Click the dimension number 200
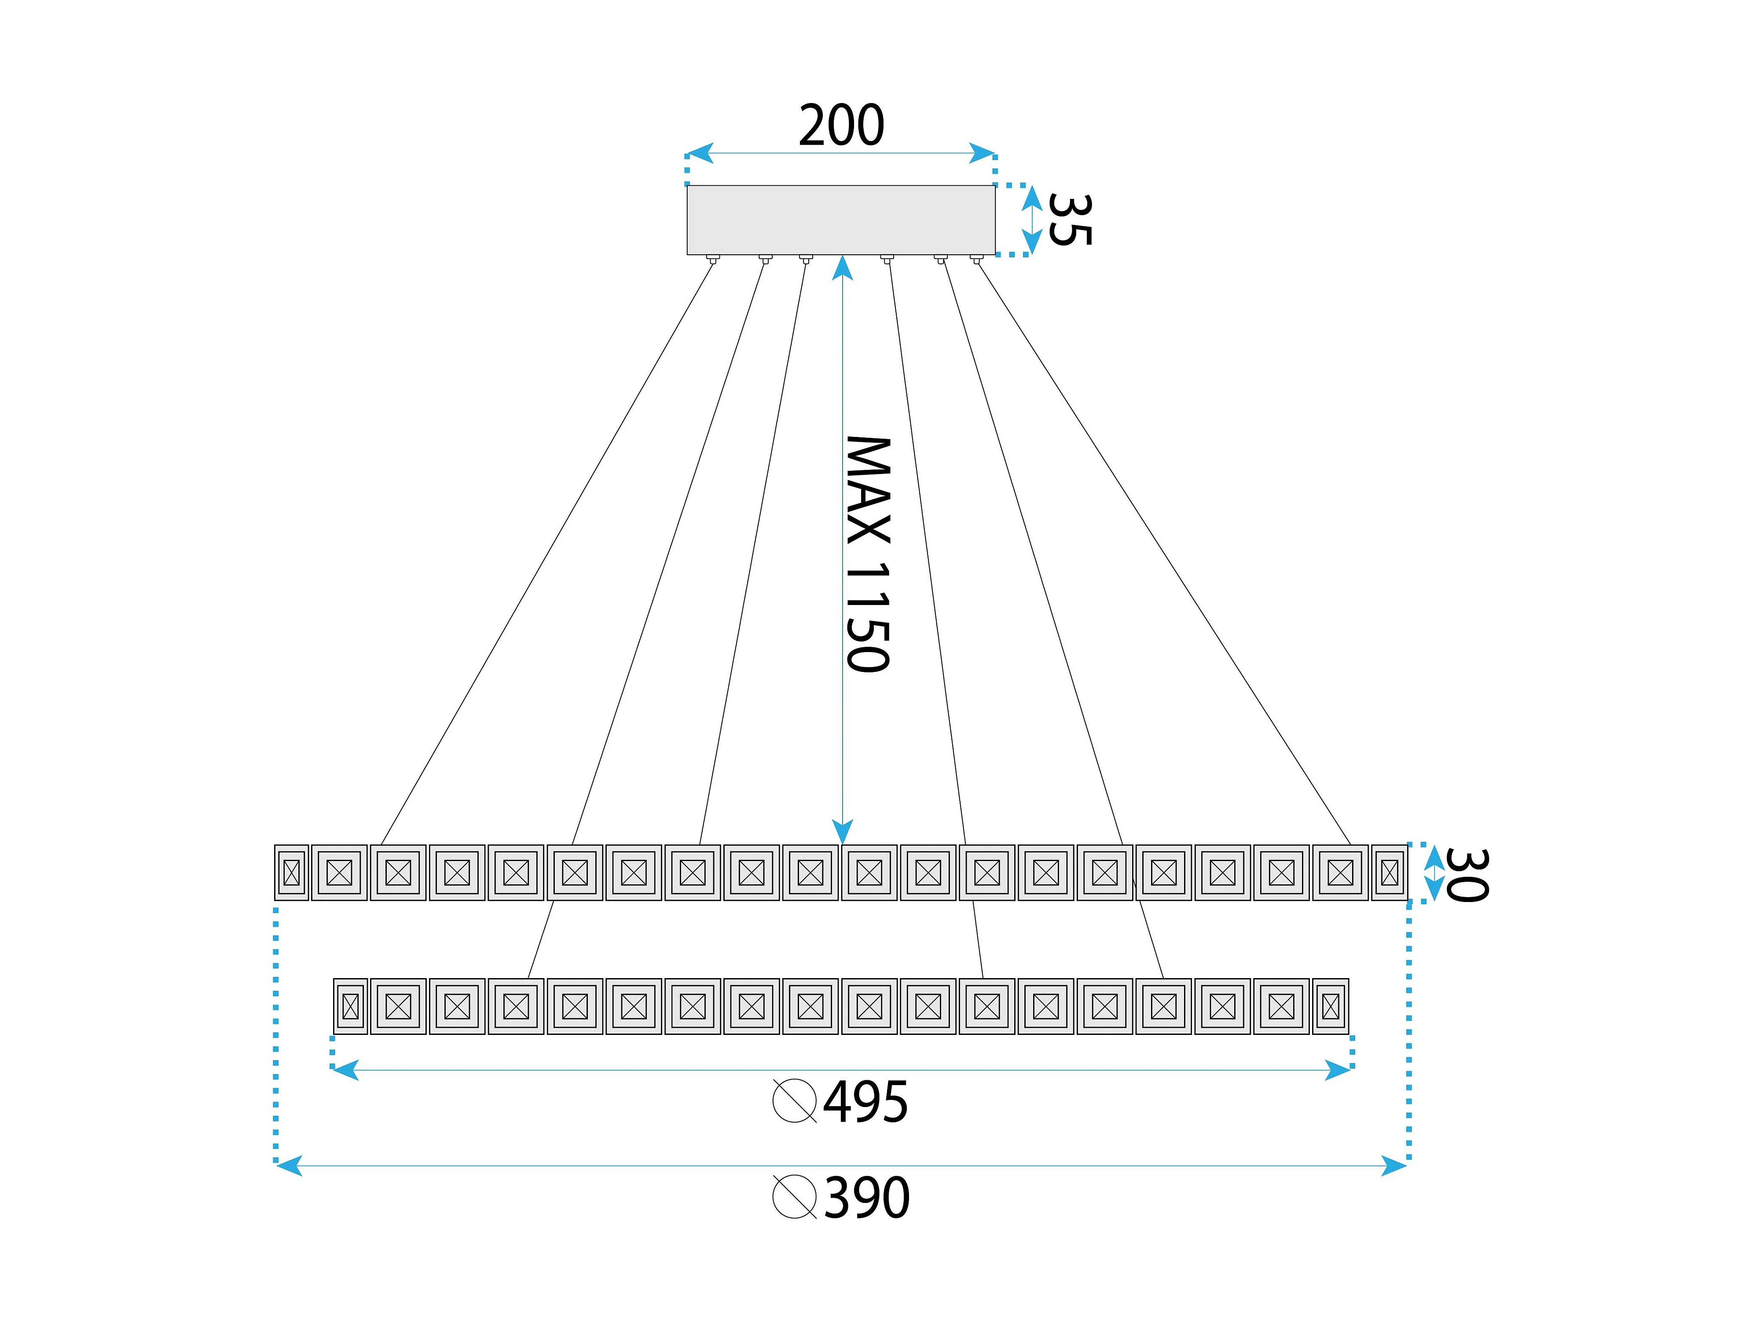tap(841, 126)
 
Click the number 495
tap(865, 1102)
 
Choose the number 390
tap(866, 1198)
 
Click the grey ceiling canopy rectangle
tap(841, 220)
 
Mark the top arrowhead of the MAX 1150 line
tap(843, 268)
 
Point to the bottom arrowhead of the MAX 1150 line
tap(843, 832)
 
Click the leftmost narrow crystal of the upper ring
tap(291, 873)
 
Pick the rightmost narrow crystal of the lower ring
tap(1331, 1007)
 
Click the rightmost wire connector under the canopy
tap(976, 259)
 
